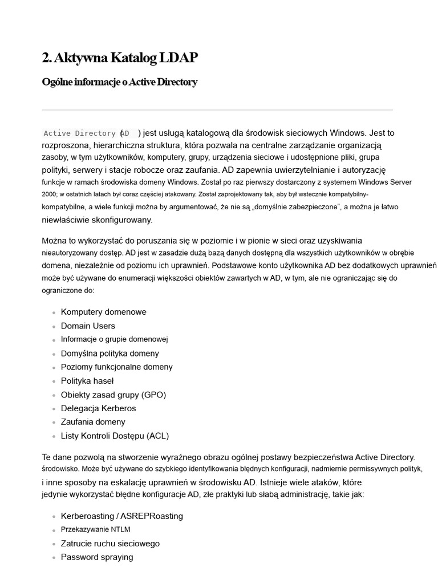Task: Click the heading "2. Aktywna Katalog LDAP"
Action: click(120, 58)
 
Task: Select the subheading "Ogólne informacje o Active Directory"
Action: click(120, 82)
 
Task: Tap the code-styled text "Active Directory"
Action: click(79, 133)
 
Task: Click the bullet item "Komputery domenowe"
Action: click(103, 312)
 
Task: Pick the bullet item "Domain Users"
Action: click(88, 326)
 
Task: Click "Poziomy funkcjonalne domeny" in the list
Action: click(116, 367)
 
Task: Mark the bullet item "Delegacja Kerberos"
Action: click(98, 408)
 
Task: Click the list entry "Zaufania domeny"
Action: click(93, 422)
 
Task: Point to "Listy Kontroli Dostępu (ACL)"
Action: click(115, 436)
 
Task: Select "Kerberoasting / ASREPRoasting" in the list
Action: click(121, 516)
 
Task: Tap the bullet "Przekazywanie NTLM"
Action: click(95, 529)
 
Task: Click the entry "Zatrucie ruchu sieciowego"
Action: click(110, 544)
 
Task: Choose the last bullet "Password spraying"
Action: click(97, 557)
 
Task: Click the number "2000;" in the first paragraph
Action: click(49, 194)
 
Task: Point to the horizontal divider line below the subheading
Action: click(217, 110)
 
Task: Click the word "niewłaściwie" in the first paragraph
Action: click(64, 220)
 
